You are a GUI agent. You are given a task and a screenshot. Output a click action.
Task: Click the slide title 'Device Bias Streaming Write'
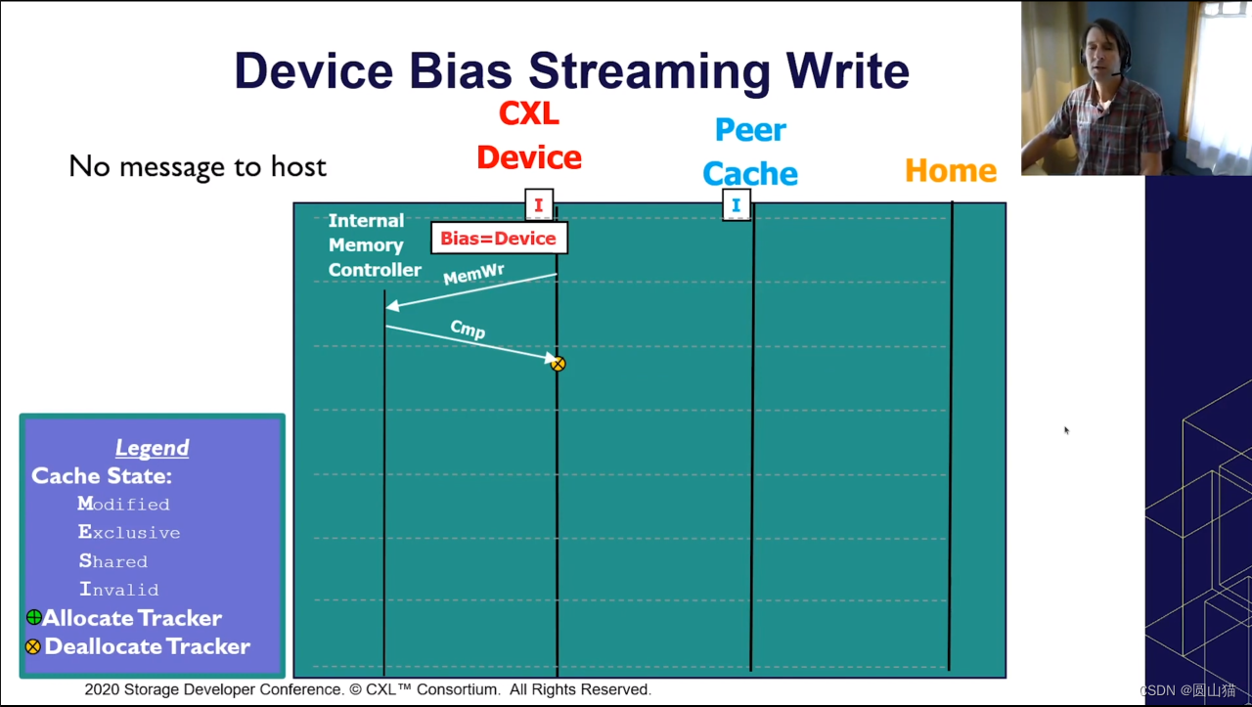(x=571, y=70)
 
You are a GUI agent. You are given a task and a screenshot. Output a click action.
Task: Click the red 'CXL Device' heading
(x=529, y=136)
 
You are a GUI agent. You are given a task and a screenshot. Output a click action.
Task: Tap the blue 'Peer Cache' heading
(x=750, y=152)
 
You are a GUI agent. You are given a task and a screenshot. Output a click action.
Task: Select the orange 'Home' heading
(x=950, y=170)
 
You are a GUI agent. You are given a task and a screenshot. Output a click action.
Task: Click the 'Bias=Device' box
(x=498, y=238)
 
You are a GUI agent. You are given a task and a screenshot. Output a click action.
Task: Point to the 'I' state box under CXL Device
(x=539, y=205)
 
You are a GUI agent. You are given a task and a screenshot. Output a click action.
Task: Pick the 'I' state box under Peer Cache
(x=737, y=205)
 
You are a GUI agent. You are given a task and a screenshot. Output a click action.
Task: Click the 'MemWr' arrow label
(x=473, y=275)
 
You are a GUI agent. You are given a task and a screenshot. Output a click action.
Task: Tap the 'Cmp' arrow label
(x=468, y=330)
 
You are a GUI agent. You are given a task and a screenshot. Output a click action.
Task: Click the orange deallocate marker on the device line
(x=558, y=364)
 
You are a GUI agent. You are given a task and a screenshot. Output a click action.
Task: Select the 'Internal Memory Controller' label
(x=375, y=245)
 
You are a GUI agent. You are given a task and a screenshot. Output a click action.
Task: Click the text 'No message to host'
(x=198, y=166)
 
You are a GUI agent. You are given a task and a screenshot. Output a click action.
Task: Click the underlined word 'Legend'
(x=152, y=448)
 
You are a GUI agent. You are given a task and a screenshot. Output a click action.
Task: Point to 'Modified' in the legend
(x=124, y=504)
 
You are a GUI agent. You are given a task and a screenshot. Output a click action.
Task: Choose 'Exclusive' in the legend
(x=129, y=533)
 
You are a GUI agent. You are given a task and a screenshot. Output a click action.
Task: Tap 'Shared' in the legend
(x=113, y=561)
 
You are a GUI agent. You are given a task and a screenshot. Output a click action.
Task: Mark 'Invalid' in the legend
(x=118, y=590)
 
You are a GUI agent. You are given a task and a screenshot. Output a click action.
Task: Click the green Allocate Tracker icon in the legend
(x=34, y=617)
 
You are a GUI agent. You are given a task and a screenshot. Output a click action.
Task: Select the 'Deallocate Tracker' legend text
(x=147, y=646)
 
